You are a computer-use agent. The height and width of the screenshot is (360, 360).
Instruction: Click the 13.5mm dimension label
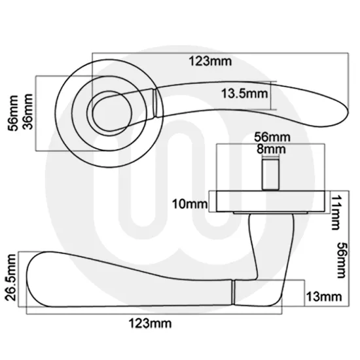click(x=244, y=94)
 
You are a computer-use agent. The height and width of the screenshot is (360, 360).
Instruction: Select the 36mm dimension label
click(x=27, y=115)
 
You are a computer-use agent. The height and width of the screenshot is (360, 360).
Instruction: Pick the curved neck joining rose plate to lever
click(x=260, y=245)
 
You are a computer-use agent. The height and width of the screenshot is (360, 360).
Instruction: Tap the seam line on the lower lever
click(x=234, y=291)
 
